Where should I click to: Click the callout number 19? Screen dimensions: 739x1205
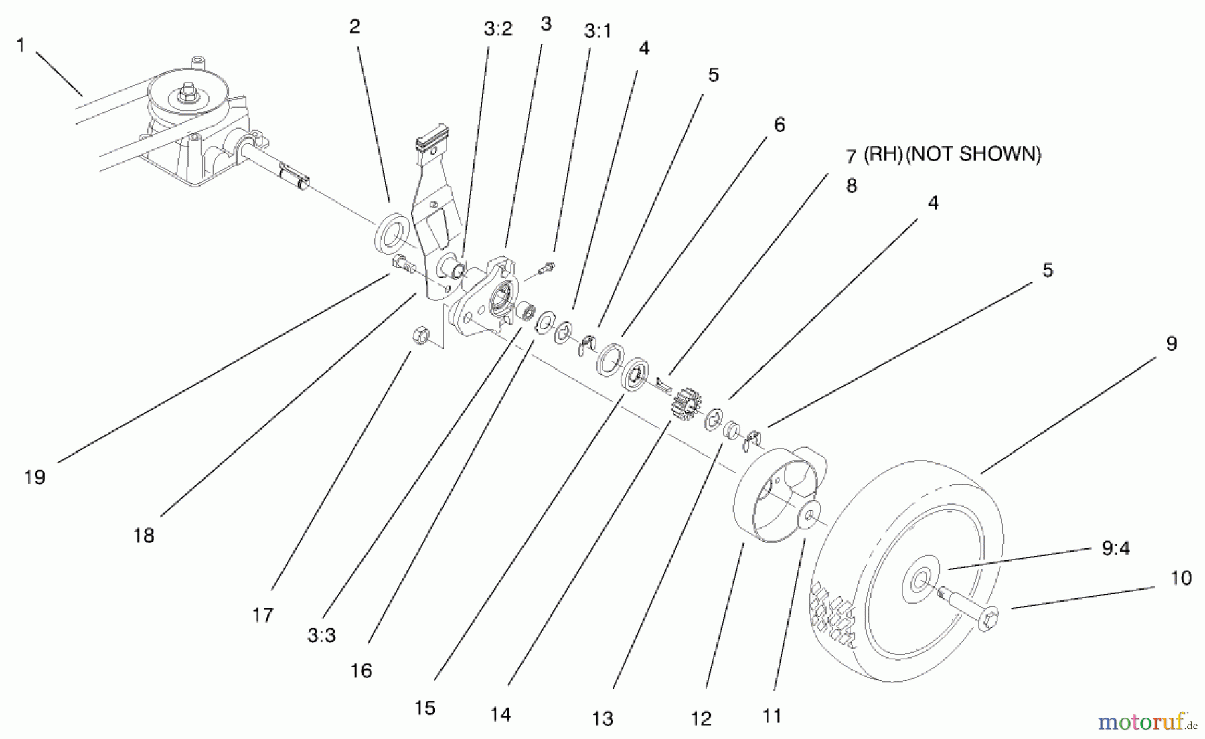(35, 477)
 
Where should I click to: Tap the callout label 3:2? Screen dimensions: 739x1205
(497, 29)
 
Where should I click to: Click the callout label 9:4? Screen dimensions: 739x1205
(1115, 548)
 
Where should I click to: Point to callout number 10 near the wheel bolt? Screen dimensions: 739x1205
(1181, 578)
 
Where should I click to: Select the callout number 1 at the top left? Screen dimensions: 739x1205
(21, 46)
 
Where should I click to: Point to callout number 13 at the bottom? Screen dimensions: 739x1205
(602, 718)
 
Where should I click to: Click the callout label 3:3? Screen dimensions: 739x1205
(321, 635)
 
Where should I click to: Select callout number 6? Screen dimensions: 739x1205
(779, 125)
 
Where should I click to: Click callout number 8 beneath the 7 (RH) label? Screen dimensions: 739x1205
(852, 185)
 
